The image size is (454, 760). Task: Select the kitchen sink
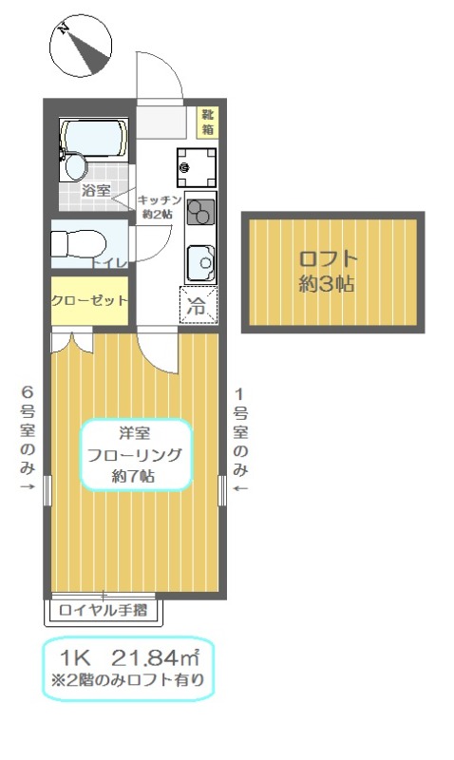click(200, 257)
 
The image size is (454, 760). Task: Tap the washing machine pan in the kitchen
click(195, 167)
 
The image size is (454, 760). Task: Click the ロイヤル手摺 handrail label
click(102, 610)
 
